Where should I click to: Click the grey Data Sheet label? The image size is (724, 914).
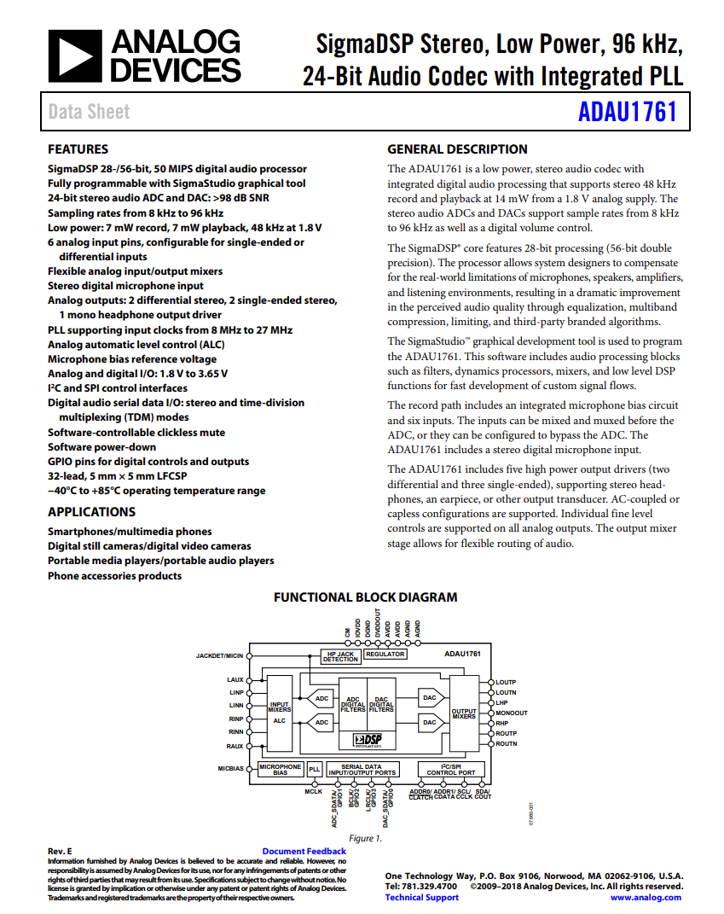click(x=90, y=112)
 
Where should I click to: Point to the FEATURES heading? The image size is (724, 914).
click(x=78, y=148)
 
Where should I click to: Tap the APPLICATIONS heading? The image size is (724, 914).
click(x=91, y=512)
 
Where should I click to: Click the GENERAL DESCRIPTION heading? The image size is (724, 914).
click(x=457, y=148)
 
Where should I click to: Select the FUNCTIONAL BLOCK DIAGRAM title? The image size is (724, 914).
click(x=365, y=597)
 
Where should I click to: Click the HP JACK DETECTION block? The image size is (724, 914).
click(x=340, y=655)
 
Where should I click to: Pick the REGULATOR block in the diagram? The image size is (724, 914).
click(x=385, y=655)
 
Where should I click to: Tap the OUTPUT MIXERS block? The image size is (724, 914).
click(x=464, y=713)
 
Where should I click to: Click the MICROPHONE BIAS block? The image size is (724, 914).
click(x=280, y=769)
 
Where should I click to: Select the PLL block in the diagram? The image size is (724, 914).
click(x=314, y=769)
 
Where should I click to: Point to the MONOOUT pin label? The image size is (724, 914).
click(x=512, y=713)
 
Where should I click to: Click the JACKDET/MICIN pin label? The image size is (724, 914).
click(x=220, y=655)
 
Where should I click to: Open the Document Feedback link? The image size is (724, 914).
click(x=304, y=851)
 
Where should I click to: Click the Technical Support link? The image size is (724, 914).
click(x=421, y=897)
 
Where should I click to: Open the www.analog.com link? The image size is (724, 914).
click(x=646, y=897)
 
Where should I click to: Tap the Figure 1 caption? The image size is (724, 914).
click(x=366, y=838)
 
